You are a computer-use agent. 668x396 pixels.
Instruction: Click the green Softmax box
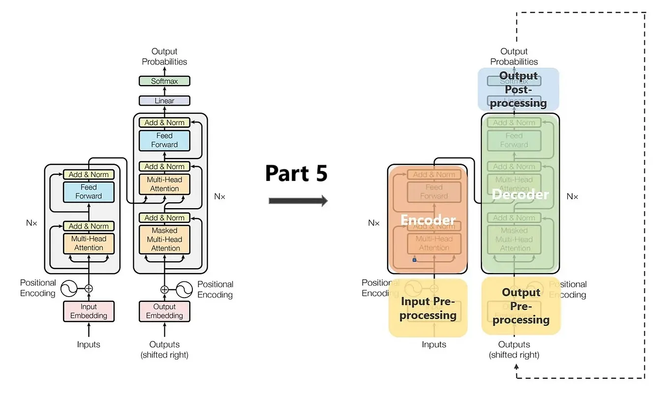click(164, 81)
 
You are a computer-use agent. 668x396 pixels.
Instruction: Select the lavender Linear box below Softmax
click(164, 101)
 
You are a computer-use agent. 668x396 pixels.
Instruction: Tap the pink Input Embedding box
click(89, 311)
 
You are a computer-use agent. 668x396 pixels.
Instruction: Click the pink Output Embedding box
click(164, 311)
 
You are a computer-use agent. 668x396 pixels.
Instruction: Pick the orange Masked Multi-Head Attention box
click(165, 240)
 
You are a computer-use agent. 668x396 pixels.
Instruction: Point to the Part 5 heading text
click(296, 173)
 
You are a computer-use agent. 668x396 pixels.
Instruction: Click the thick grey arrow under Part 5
click(298, 201)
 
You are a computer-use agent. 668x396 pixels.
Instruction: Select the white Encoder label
click(428, 220)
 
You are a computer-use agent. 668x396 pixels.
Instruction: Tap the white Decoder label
click(520, 194)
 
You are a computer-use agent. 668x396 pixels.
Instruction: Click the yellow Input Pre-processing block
click(428, 308)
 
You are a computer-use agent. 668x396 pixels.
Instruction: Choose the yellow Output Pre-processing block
click(521, 306)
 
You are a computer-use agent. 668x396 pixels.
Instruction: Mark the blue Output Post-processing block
click(518, 89)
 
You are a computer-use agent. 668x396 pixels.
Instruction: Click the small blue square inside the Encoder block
click(414, 260)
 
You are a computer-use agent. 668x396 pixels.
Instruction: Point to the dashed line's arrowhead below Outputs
click(516, 366)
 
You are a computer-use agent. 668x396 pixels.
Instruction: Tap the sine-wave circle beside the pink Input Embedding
click(70, 289)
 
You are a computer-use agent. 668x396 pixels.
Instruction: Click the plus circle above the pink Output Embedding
click(164, 290)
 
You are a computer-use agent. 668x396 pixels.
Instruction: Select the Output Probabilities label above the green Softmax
click(164, 57)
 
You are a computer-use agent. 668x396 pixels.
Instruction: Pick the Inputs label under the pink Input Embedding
click(89, 344)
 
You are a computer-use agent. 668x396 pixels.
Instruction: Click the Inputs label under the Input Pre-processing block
click(434, 344)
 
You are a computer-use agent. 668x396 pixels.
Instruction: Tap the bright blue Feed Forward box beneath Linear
click(164, 140)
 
